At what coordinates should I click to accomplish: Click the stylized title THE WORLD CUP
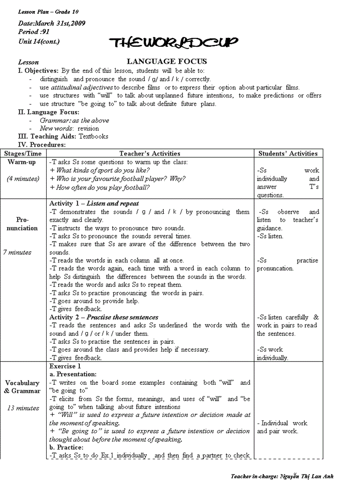click(175, 42)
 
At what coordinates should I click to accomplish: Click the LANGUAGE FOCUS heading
click(167, 62)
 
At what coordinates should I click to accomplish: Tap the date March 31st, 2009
click(52, 23)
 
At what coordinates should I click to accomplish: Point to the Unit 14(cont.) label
click(39, 41)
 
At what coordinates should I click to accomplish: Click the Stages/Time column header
click(23, 153)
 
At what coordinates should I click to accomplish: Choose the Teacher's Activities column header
click(150, 153)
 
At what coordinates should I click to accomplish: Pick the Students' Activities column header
click(288, 153)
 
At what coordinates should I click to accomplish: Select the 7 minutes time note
click(17, 252)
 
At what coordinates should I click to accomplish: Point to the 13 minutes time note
click(23, 408)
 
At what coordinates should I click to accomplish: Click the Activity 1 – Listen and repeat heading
click(94, 204)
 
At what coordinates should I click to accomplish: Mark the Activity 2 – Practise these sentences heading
click(104, 317)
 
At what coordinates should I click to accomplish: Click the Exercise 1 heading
click(65, 366)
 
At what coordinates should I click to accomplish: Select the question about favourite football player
click(117, 179)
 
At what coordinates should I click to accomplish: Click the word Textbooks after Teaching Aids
click(93, 137)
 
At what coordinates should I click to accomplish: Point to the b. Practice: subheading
click(66, 447)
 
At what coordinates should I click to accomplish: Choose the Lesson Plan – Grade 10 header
click(42, 11)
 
